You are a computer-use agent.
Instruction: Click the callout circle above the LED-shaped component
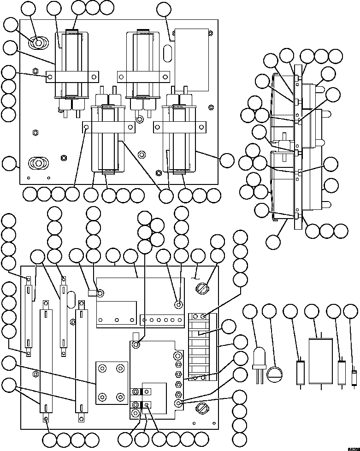(x=251, y=312)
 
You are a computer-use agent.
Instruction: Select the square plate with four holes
(x=111, y=383)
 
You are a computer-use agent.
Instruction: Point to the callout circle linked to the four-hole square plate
(x=9, y=364)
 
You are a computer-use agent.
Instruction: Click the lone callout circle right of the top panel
(x=226, y=160)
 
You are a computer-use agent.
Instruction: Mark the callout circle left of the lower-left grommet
(x=9, y=163)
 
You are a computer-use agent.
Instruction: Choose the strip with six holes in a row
(x=160, y=319)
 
